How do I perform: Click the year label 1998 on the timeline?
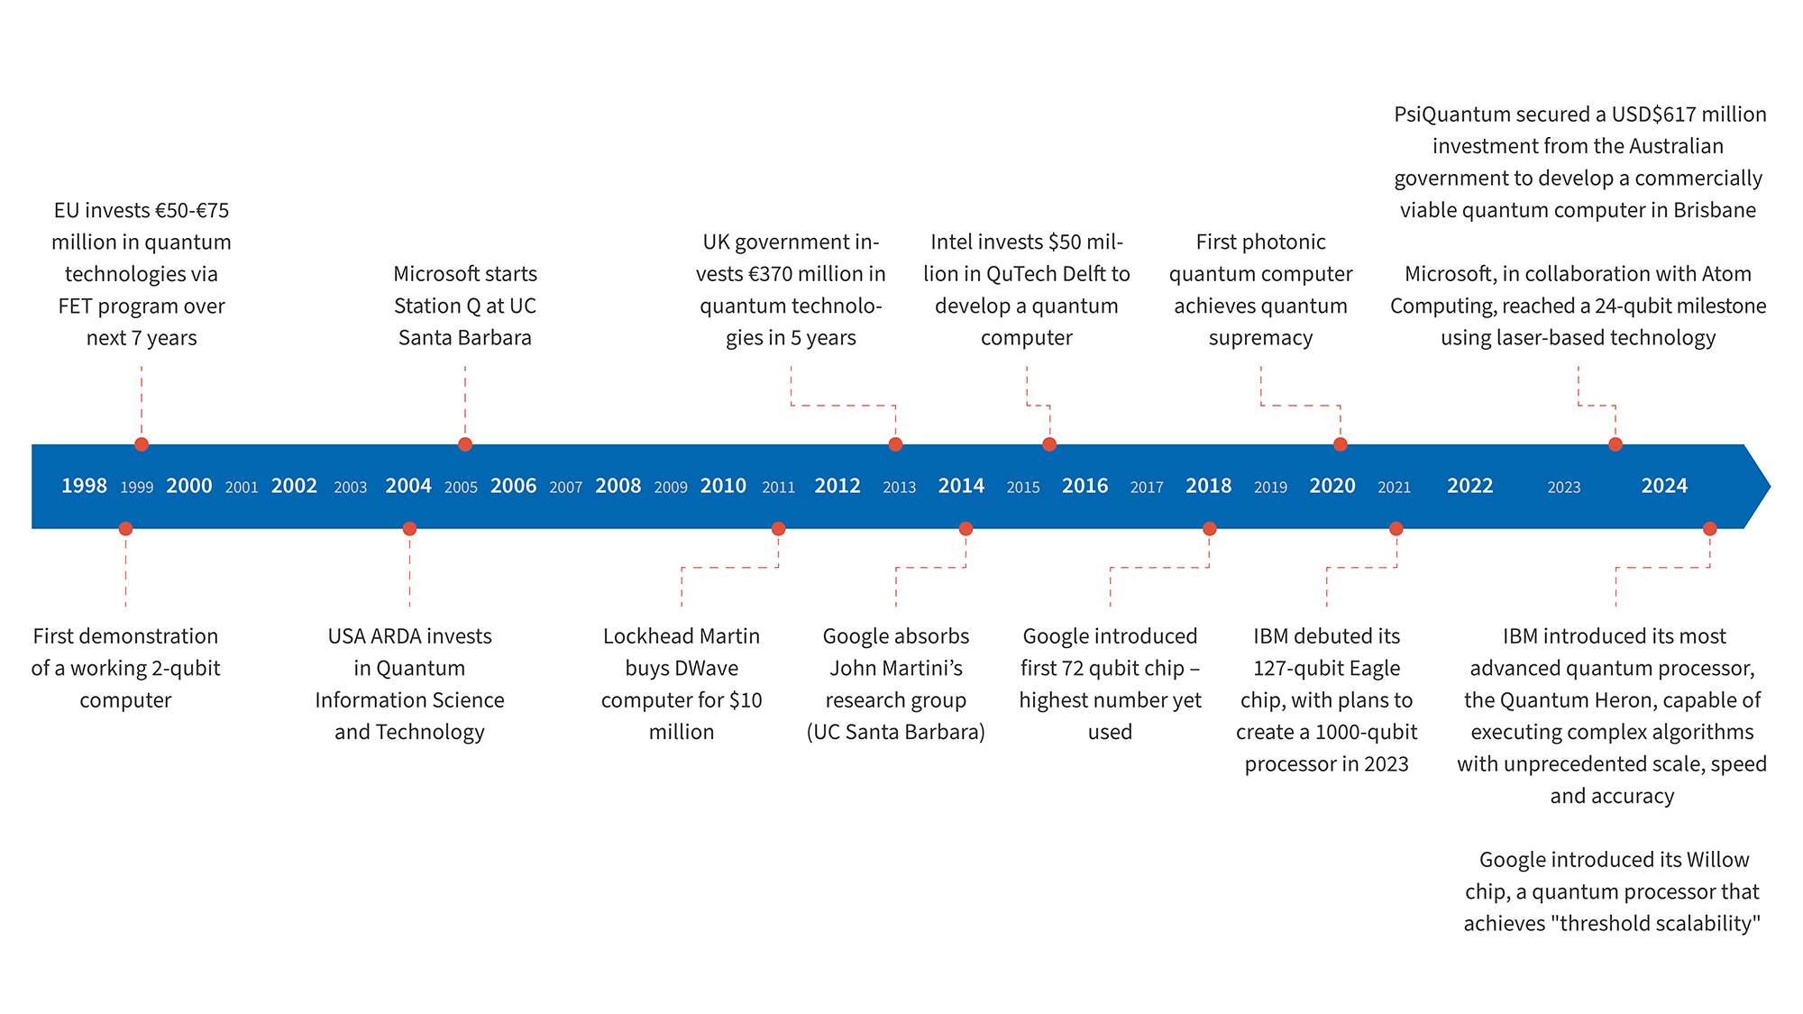pos(84,486)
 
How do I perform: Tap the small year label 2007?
pos(565,488)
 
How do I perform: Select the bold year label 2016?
pos(1085,486)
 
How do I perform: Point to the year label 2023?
pos(1563,488)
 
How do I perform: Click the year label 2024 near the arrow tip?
pos(1663,486)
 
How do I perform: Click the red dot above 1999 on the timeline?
pos(142,444)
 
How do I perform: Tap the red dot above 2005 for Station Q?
pos(465,444)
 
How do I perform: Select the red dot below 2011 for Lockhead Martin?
pos(778,529)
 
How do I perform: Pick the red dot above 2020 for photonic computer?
pos(1341,444)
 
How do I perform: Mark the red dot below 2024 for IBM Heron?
pos(1709,529)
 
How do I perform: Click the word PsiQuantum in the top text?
pos(1451,114)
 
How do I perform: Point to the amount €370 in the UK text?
pos(772,274)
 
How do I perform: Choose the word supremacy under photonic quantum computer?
pos(1260,338)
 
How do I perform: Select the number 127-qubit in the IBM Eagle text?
pos(1293,668)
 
